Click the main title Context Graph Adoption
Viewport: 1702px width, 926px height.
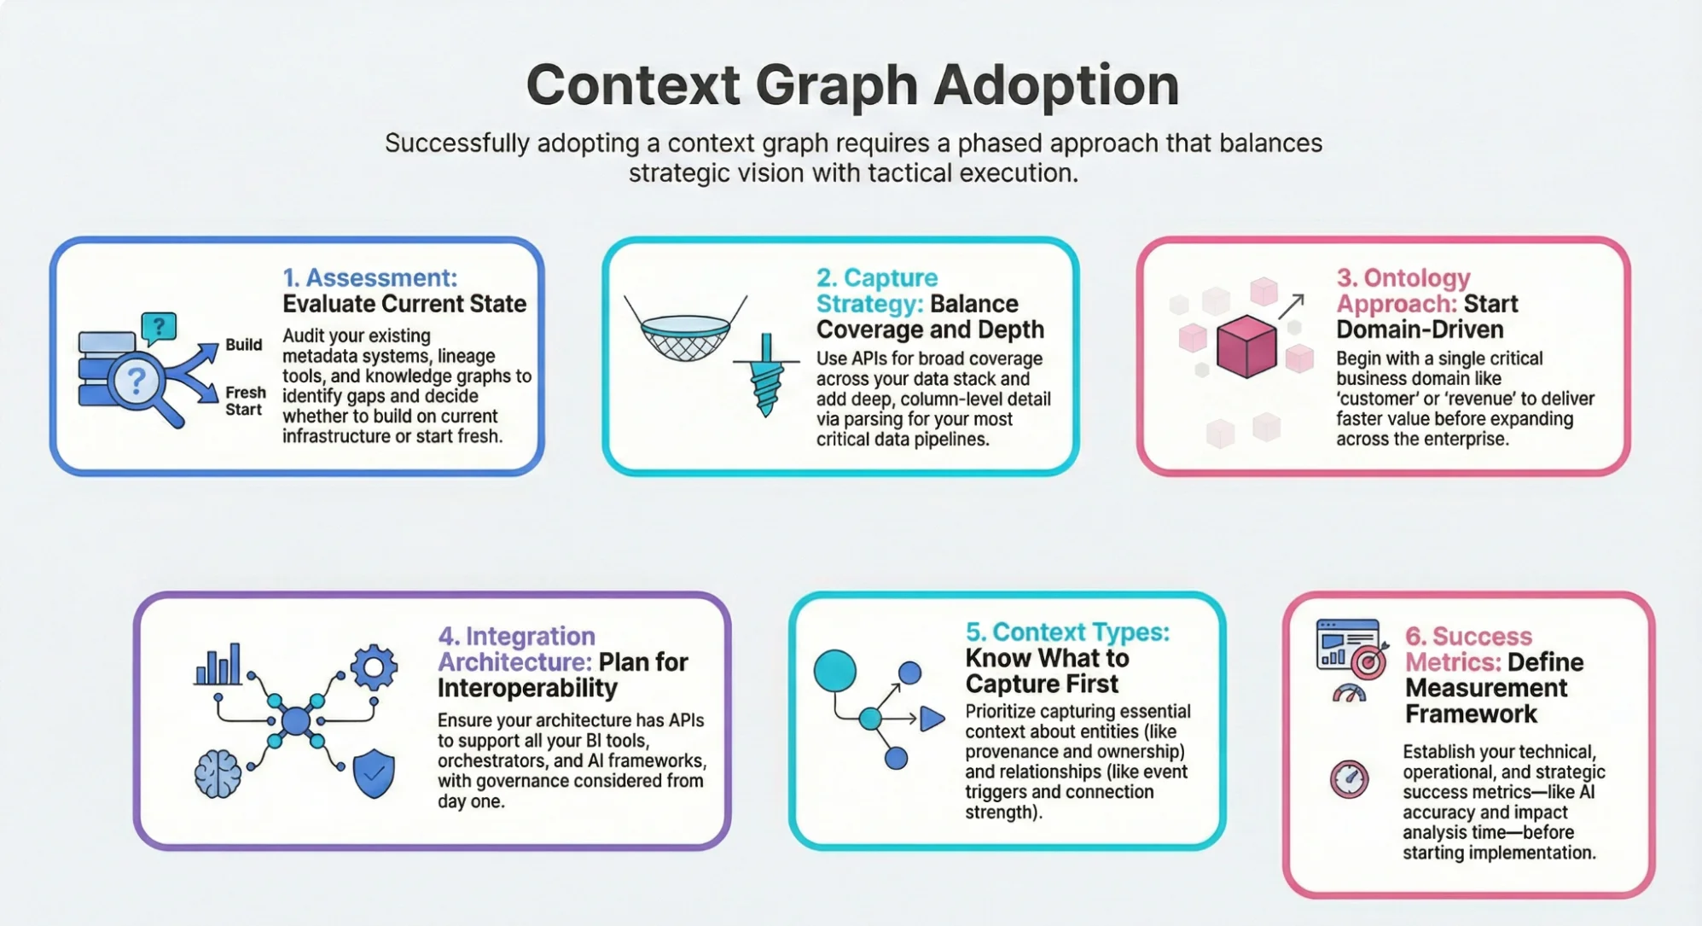(852, 84)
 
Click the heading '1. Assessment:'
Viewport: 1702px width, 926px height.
(369, 277)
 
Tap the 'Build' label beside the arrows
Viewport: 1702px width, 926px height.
(243, 345)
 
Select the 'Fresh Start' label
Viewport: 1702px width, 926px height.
(245, 401)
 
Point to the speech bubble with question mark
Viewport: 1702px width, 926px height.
(159, 327)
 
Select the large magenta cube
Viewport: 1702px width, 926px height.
(1246, 347)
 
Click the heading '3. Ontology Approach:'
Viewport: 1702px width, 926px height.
(1403, 290)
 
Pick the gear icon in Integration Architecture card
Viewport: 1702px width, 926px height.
(374, 667)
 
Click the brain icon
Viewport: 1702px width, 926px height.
(218, 774)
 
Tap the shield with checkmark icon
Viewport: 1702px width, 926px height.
(374, 773)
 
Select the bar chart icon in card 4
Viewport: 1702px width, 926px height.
(218, 665)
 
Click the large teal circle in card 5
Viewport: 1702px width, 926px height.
(834, 670)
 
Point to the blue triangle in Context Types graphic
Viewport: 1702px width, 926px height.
(931, 719)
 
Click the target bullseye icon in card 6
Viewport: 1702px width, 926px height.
(1368, 662)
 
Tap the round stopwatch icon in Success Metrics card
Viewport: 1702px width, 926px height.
(1349, 779)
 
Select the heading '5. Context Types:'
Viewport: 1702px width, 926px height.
(1066, 632)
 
